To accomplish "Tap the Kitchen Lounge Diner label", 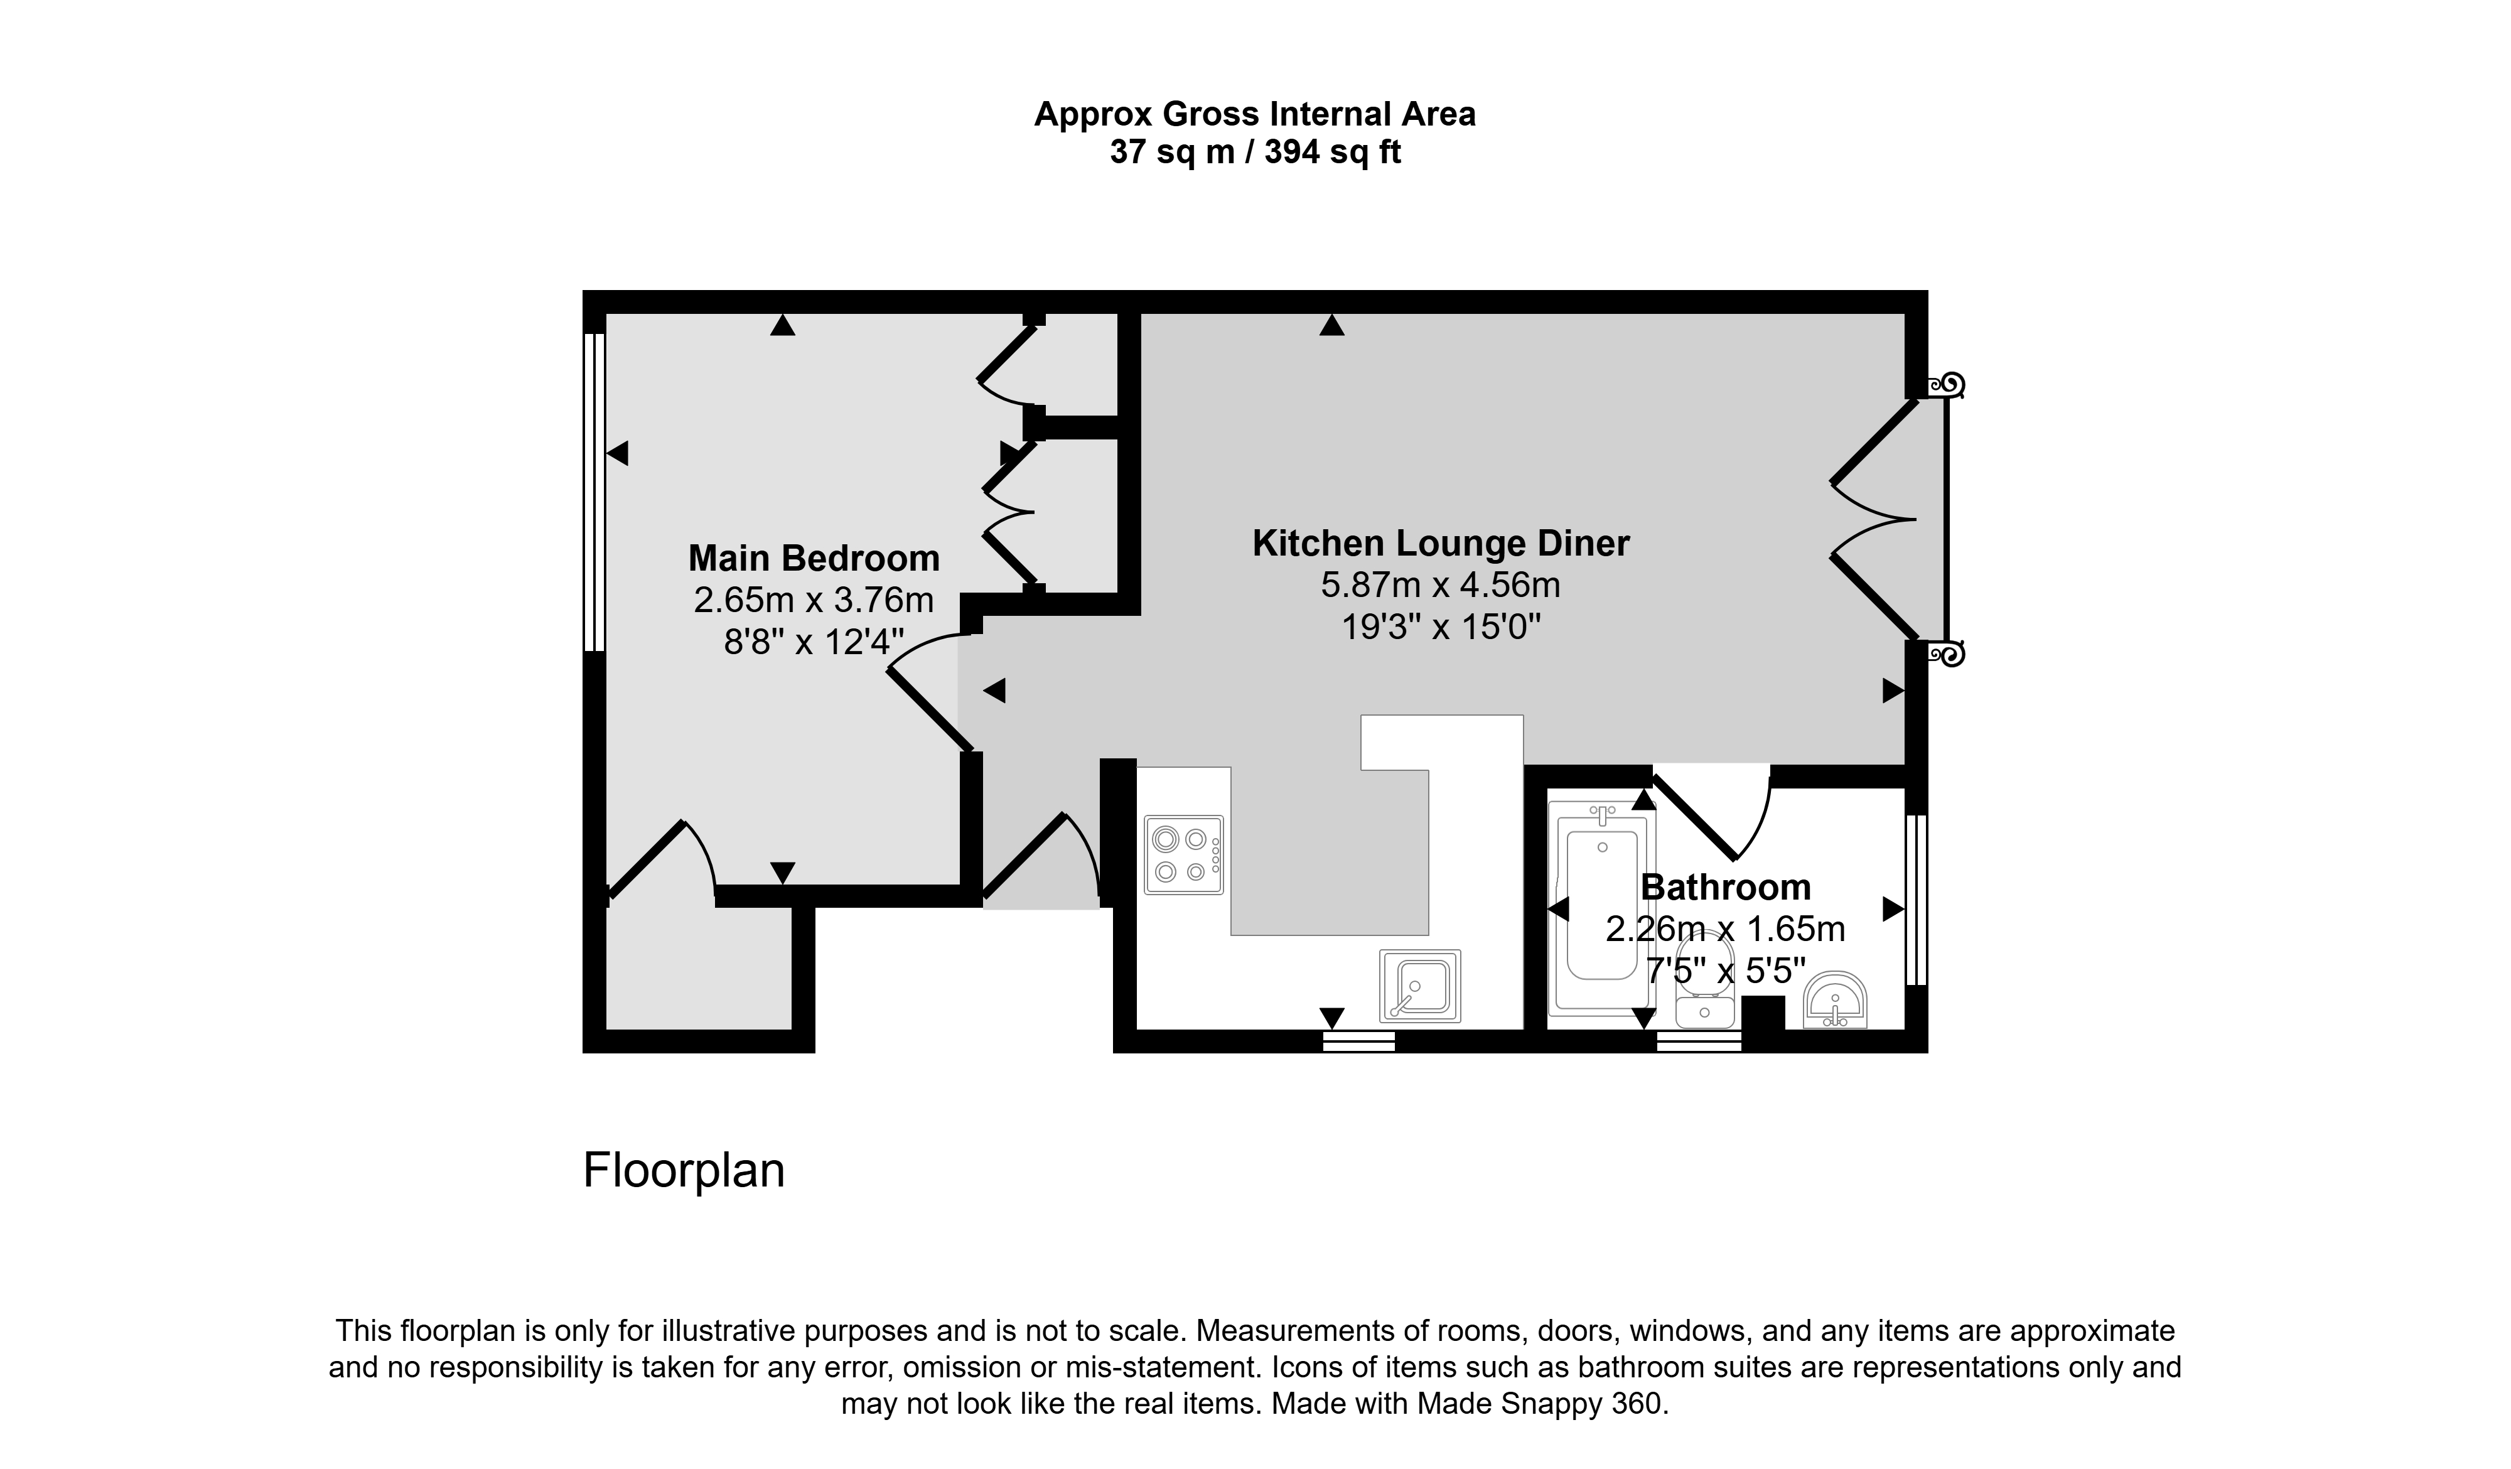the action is [x=1441, y=543].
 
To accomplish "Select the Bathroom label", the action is [x=1726, y=887].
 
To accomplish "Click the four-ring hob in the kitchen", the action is [x=1184, y=855].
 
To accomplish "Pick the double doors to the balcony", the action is [x=1873, y=519].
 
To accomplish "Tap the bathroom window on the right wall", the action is [x=1915, y=900].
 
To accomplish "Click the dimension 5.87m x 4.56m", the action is [x=1441, y=585].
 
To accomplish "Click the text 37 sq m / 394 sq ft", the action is [x=1255, y=153].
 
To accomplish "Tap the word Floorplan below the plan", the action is [x=684, y=1170].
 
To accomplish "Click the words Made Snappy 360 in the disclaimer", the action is [x=1539, y=1403].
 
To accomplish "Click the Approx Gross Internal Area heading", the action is [x=1255, y=115].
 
